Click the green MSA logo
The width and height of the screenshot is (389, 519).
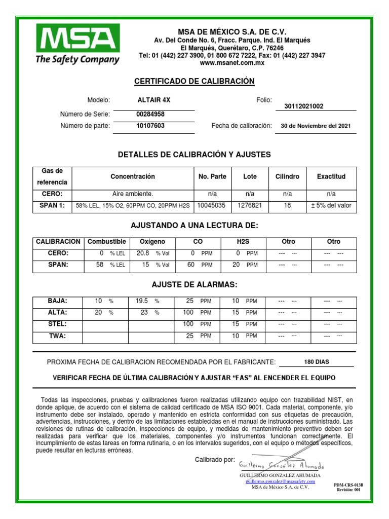(x=77, y=44)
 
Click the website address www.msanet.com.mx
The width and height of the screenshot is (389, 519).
(x=232, y=63)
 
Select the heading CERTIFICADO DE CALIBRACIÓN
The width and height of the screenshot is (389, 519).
(x=194, y=82)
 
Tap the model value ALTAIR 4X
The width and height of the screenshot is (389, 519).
(x=150, y=100)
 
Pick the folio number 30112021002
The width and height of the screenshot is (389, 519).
(x=304, y=106)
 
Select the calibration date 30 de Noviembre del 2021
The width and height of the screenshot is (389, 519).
(x=315, y=126)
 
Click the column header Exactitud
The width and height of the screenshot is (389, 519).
(x=331, y=177)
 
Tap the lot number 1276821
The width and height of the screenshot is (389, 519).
(x=250, y=206)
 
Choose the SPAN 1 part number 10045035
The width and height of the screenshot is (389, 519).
(x=212, y=206)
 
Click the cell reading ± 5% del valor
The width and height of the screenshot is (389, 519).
(x=331, y=206)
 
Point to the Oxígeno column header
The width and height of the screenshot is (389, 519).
(x=152, y=242)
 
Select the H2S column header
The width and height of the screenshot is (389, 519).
(x=244, y=242)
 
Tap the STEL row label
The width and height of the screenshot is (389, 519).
(x=57, y=324)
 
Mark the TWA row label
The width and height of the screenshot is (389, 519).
(x=57, y=336)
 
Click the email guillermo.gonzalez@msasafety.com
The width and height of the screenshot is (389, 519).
(x=280, y=481)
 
